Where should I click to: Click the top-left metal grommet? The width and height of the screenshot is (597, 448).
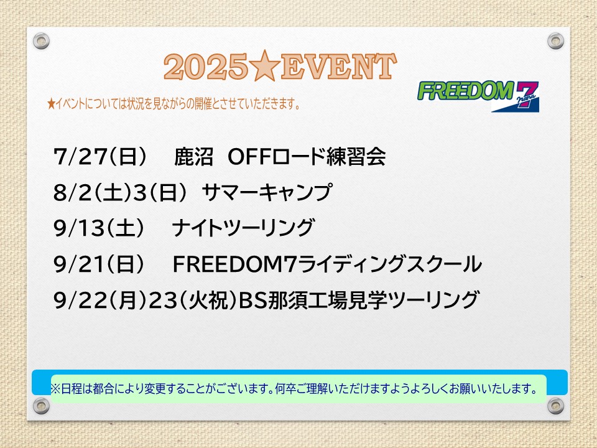coord(41,41)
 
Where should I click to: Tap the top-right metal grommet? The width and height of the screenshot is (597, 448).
coord(555,41)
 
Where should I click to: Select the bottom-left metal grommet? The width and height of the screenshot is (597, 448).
coord(41,406)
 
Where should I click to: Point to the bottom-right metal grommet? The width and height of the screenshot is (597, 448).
coord(555,406)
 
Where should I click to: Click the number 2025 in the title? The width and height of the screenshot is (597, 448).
coord(206,67)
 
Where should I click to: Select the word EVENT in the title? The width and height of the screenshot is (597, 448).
coord(338,67)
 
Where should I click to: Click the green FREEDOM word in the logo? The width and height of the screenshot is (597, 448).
coord(466,91)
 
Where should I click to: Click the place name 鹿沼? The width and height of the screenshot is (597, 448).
coord(193,156)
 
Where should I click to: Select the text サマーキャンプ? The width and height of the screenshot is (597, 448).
coord(267,192)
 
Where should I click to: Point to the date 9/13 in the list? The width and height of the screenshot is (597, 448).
coord(79,228)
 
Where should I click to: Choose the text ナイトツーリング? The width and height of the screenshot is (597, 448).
coord(243,228)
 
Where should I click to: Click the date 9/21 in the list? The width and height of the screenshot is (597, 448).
coord(79,264)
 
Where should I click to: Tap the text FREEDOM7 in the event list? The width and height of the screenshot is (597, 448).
coord(234,264)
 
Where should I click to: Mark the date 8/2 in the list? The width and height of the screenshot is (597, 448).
coord(73,192)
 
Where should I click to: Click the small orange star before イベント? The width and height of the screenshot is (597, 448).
coord(52,103)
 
